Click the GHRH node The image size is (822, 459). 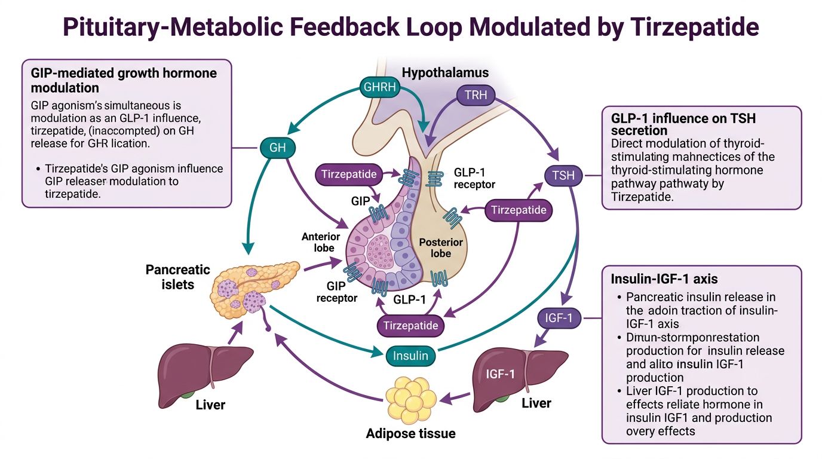click(379, 87)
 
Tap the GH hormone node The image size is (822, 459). click(278, 148)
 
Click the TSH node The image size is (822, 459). click(563, 176)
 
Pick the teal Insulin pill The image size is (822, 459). click(410, 356)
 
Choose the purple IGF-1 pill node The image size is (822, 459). click(563, 319)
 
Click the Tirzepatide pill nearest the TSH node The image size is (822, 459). click(518, 210)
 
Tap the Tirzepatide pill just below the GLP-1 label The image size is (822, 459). click(410, 326)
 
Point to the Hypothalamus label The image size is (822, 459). click(445, 73)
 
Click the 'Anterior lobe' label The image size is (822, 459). click(320, 243)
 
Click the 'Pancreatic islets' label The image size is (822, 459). click(178, 277)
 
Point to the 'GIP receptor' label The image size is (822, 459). click(338, 292)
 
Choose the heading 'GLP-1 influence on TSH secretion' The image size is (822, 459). click(683, 124)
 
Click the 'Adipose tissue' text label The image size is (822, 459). click(411, 433)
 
